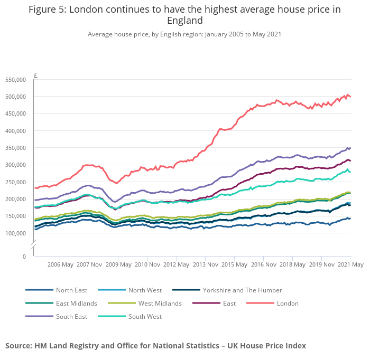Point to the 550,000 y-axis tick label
click(x=15, y=80)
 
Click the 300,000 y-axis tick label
click(x=15, y=165)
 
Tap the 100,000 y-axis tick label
click(x=15, y=233)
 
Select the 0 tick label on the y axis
click(x=23, y=257)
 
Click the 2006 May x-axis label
click(x=60, y=264)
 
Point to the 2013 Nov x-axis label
click(x=205, y=264)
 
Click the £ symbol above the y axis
click(x=35, y=75)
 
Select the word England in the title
click(x=184, y=21)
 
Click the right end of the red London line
click(x=350, y=97)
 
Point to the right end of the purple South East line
click(x=350, y=148)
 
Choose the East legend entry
click(x=229, y=304)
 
